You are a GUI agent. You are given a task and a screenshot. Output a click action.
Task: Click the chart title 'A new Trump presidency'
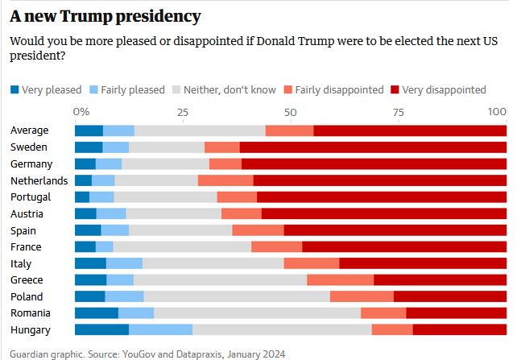click(x=105, y=16)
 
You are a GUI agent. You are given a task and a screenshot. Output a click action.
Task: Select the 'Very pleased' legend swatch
click(x=14, y=89)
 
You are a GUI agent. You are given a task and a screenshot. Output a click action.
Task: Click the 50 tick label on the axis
click(x=291, y=111)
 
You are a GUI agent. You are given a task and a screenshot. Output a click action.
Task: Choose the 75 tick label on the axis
click(x=398, y=111)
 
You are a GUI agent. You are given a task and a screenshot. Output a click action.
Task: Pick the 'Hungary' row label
click(x=31, y=329)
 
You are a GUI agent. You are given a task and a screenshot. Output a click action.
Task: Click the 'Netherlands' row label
click(x=39, y=180)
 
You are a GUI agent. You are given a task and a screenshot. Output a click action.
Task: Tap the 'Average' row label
click(x=30, y=130)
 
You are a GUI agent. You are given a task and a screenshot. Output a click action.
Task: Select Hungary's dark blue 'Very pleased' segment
click(x=101, y=329)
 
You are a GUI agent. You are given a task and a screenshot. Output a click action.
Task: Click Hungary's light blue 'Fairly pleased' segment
click(x=160, y=329)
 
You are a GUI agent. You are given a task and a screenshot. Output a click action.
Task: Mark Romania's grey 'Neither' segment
click(x=257, y=312)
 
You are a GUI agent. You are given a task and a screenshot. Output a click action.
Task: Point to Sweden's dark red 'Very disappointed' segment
click(x=373, y=147)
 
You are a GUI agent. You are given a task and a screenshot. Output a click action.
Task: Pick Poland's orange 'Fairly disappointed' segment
click(x=362, y=296)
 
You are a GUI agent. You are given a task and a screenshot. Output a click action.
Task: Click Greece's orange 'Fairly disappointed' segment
click(x=340, y=279)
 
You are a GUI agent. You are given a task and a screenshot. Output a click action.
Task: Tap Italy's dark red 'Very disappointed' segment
click(x=423, y=263)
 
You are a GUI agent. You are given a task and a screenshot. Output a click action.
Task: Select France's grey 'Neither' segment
click(x=182, y=246)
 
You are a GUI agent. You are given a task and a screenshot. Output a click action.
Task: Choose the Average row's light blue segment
click(x=118, y=130)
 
